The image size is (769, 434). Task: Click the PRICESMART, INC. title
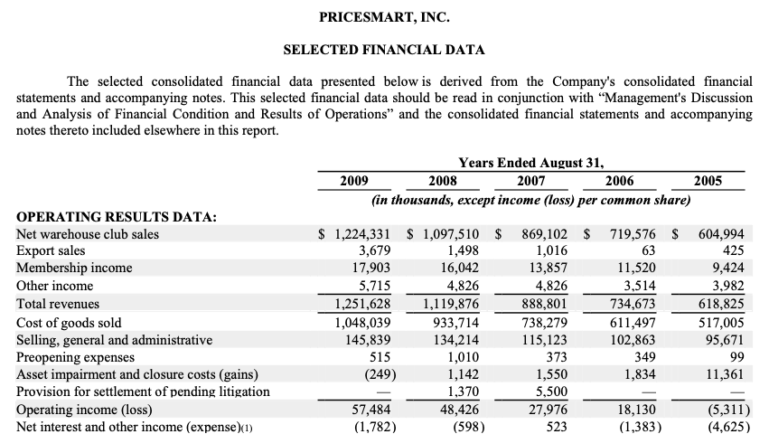pyautogui.click(x=384, y=17)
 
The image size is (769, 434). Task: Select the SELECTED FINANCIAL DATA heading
pyautogui.click(x=384, y=50)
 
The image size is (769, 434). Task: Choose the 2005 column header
pyautogui.click(x=708, y=181)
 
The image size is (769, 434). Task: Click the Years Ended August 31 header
pyautogui.click(x=530, y=163)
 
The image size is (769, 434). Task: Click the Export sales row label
pyautogui.click(x=52, y=250)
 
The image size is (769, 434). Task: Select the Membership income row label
pyautogui.click(x=75, y=268)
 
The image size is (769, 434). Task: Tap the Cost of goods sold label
pyautogui.click(x=70, y=323)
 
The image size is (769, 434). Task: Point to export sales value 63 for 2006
pyautogui.click(x=647, y=250)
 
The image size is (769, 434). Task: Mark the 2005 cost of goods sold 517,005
pyautogui.click(x=720, y=323)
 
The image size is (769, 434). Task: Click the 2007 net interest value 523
pyautogui.click(x=557, y=426)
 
